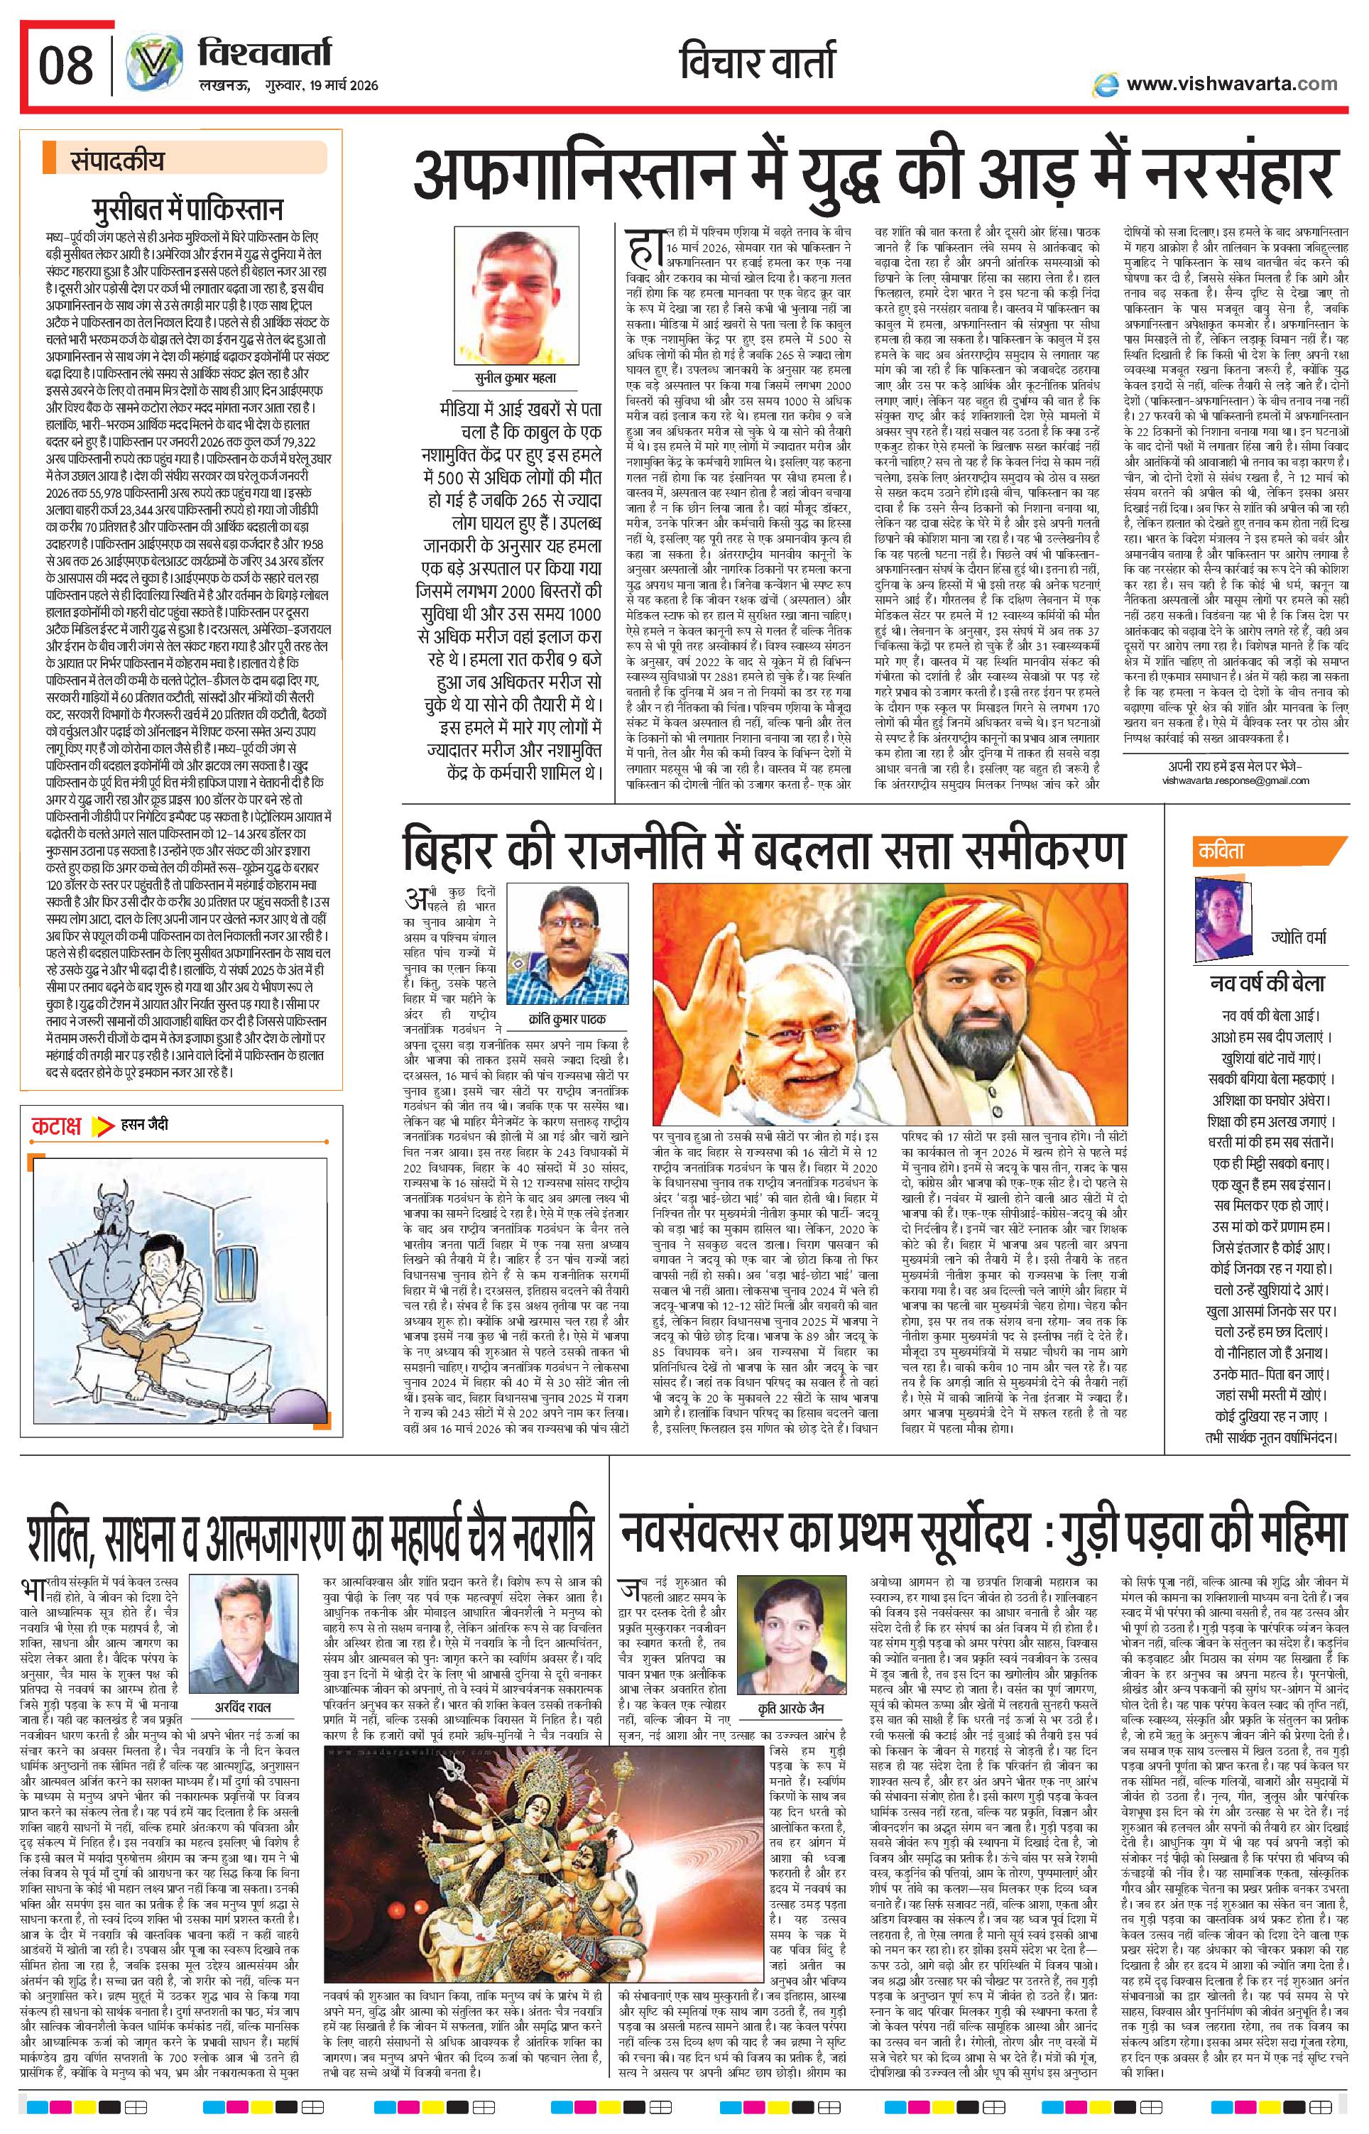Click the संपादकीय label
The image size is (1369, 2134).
[x=116, y=163]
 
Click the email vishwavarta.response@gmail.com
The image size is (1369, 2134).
[x=1235, y=780]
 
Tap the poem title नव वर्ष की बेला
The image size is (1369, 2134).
[x=1267, y=984]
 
